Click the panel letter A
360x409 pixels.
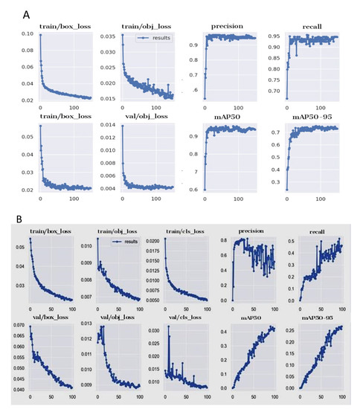pos(28,13)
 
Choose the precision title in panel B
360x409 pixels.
pos(249,232)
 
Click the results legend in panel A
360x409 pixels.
pos(157,36)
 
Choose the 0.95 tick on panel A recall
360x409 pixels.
pos(276,35)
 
